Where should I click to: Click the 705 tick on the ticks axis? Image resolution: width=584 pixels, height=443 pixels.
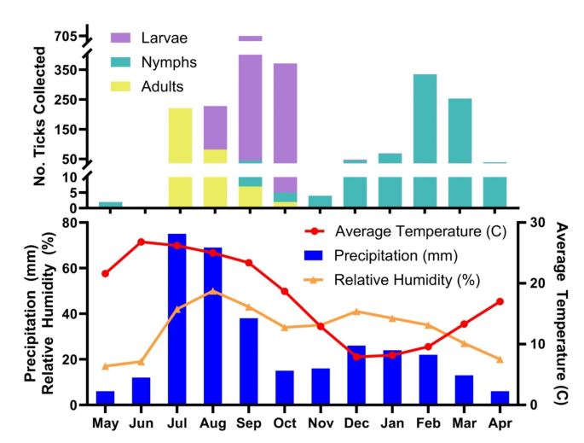pos(64,36)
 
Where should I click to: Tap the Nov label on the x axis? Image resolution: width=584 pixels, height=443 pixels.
pos(321,423)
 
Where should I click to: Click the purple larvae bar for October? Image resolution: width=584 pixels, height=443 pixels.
pos(285,111)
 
